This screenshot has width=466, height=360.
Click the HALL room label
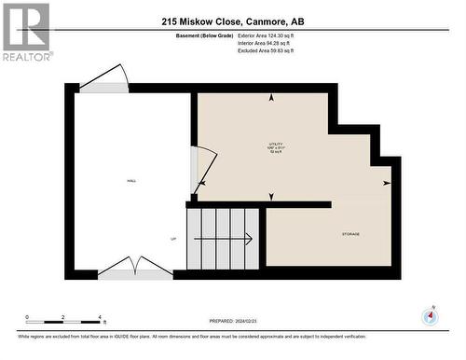click(x=130, y=181)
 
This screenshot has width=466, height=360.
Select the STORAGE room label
click(x=349, y=234)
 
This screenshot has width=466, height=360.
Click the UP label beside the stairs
click(x=173, y=240)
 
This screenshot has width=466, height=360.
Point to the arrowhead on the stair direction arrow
click(x=250, y=240)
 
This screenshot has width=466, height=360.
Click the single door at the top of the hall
click(x=104, y=80)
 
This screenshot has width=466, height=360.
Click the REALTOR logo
click(x=25, y=32)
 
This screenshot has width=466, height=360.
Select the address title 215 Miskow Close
click(x=232, y=21)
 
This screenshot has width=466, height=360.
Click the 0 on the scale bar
click(x=27, y=318)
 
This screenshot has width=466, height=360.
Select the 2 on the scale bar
click(x=62, y=318)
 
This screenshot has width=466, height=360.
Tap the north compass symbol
click(x=430, y=316)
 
